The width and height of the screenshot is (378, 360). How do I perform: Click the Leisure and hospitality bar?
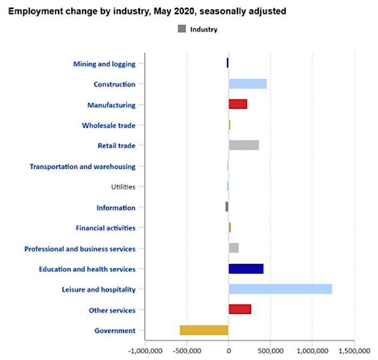pos(280,289)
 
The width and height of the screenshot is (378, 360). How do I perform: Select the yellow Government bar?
pos(204,330)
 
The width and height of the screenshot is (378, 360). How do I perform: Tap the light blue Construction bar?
pos(248,84)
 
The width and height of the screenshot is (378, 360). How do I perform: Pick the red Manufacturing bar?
pos(238,104)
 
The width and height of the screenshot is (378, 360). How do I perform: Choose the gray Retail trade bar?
pos(244,145)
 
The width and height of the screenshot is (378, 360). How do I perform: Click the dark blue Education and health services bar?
pos(246,269)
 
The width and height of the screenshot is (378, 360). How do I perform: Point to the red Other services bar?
pos(240,310)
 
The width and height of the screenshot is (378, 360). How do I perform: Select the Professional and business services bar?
pos(234,248)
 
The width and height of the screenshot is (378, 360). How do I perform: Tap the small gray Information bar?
pos(227,207)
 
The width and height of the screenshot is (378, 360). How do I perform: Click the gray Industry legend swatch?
pos(181,29)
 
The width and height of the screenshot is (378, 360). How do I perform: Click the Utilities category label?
pos(123,187)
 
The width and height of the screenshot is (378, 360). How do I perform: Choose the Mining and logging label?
pos(104,64)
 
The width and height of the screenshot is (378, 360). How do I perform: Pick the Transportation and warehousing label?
pos(83,166)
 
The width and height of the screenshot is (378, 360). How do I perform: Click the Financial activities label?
pos(106,228)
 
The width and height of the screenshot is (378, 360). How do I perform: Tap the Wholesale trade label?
pos(109,125)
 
